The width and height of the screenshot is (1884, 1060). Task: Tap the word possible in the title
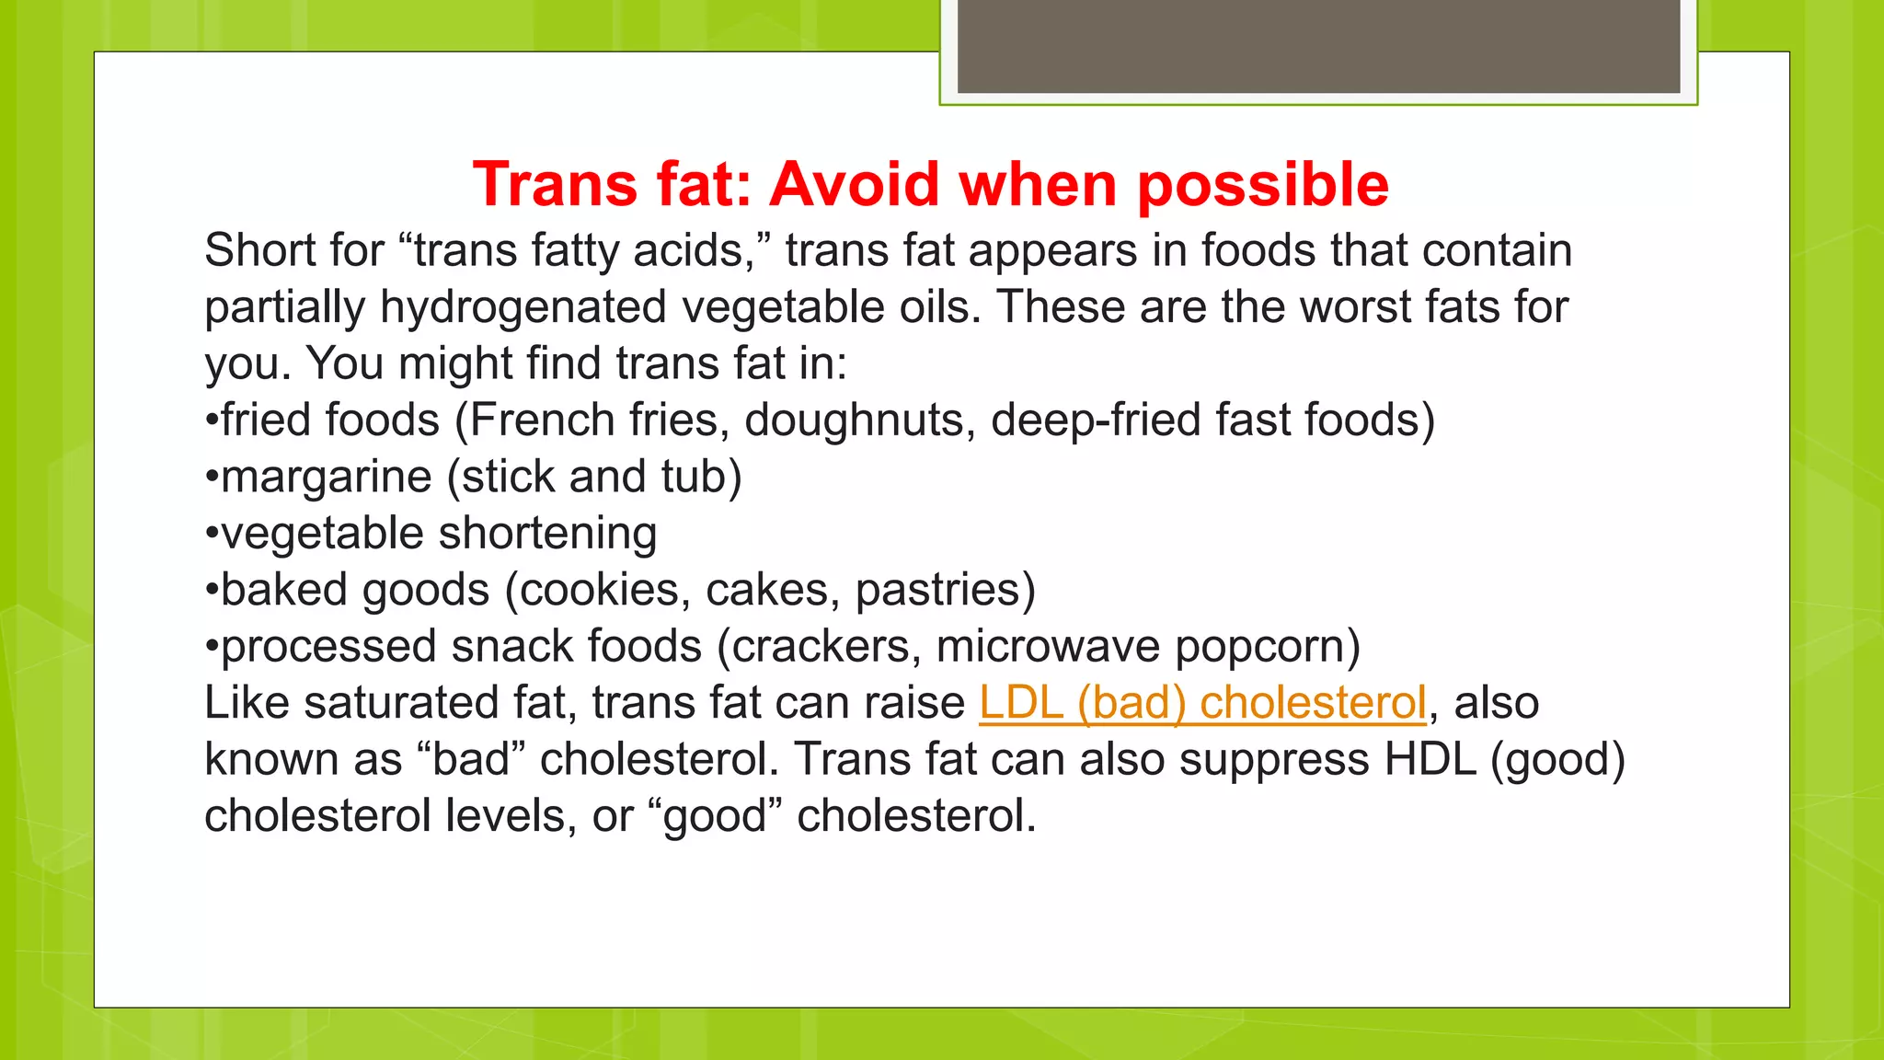pos(1262,186)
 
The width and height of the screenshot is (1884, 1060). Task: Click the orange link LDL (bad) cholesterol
pos(1202,703)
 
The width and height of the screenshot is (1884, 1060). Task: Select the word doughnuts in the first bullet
pos(859,421)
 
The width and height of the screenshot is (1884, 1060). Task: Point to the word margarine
pos(327,478)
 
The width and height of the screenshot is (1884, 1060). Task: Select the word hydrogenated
pos(523,307)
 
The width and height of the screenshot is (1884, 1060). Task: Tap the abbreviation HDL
pos(1430,760)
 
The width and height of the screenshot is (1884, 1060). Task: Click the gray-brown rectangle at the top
pos(1318,46)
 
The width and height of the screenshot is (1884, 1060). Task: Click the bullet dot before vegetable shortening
pos(212,535)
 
